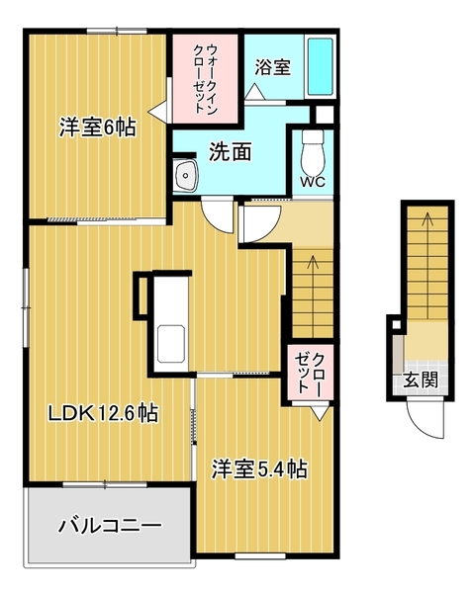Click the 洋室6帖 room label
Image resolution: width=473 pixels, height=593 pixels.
[96, 127]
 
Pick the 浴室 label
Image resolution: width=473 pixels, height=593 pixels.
[272, 67]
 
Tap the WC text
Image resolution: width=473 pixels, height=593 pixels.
[314, 182]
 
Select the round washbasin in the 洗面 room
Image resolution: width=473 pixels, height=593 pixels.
[185, 178]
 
